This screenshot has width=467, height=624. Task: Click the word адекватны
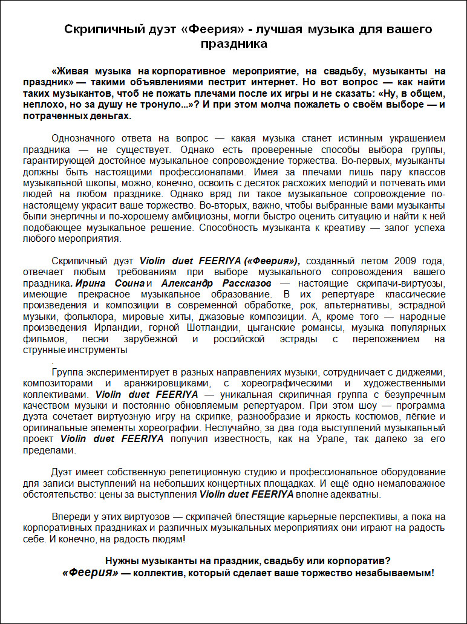(x=356, y=495)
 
